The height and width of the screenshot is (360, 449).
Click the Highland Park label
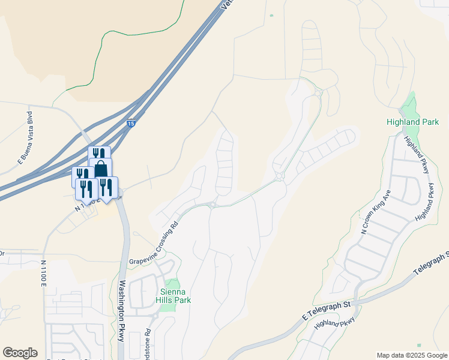tap(412, 122)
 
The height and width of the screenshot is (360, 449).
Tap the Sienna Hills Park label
tap(173, 295)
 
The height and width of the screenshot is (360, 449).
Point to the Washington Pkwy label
tap(121, 310)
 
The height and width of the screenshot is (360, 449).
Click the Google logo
tap(20, 353)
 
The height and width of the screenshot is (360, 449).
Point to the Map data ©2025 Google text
tap(412, 355)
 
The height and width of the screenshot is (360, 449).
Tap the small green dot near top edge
tap(271, 16)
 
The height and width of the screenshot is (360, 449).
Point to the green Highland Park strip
tap(411, 107)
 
